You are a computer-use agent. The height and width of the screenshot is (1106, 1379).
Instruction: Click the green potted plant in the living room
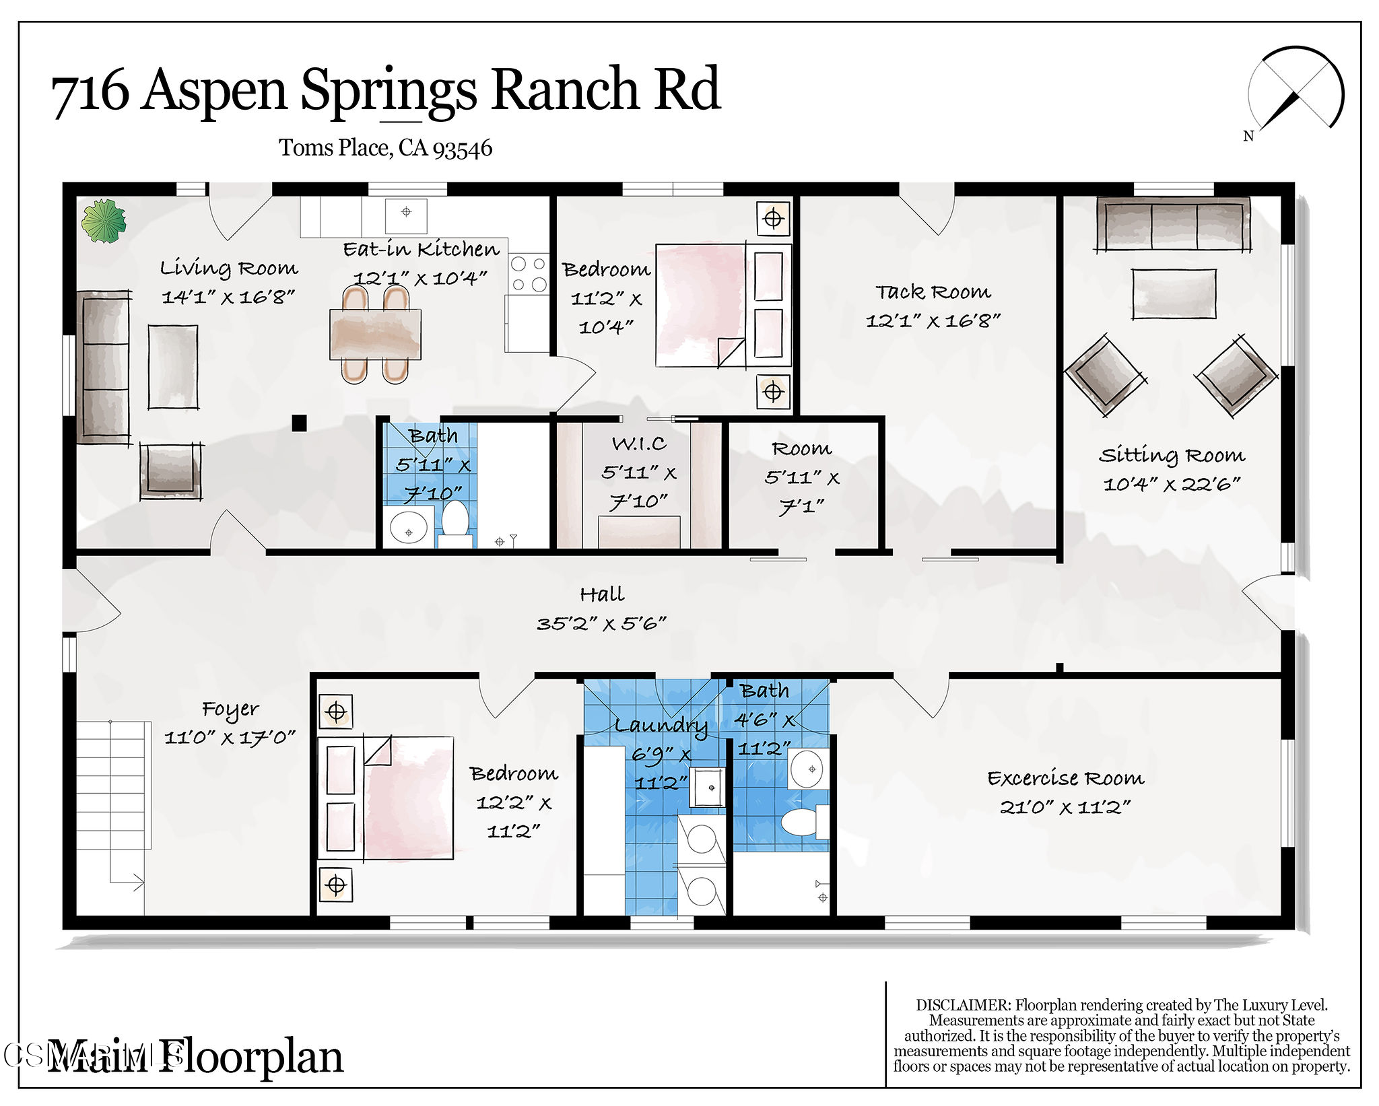(x=104, y=221)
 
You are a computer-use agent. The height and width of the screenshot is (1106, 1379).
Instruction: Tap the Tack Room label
(x=933, y=291)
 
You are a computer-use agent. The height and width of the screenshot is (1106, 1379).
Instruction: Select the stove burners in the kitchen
(x=529, y=274)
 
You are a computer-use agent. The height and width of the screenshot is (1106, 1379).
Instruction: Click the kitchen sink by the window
(x=406, y=213)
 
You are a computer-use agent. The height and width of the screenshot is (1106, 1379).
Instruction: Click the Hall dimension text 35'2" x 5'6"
(x=601, y=623)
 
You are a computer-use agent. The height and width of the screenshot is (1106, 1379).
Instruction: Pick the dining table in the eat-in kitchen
(x=375, y=334)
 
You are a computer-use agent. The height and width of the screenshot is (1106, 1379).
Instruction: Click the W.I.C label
(x=639, y=444)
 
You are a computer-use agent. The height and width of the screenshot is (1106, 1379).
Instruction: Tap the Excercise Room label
(x=1065, y=778)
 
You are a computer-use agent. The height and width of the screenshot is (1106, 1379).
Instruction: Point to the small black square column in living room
(x=299, y=423)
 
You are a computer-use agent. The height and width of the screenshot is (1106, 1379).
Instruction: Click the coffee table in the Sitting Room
(x=1174, y=293)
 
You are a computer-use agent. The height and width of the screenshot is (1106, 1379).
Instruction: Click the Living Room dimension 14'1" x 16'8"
(x=228, y=297)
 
